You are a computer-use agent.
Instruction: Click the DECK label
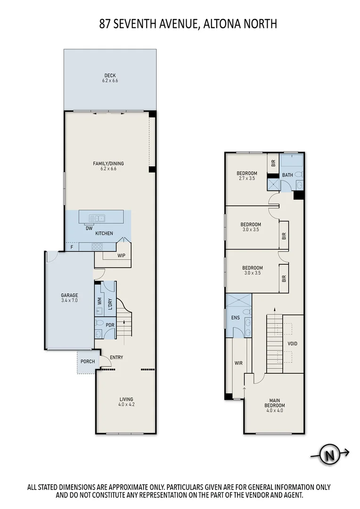point(110,75)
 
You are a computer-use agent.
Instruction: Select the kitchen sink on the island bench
point(99,218)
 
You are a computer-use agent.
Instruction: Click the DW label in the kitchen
point(88,228)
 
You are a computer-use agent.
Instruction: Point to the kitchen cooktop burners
point(97,246)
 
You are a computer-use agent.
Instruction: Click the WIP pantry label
point(121,256)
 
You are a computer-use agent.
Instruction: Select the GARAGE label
point(69,296)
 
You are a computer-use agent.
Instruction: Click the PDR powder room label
point(110,325)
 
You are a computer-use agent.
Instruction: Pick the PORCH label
point(88,362)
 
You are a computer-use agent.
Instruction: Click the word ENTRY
point(116,357)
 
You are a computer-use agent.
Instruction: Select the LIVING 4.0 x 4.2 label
point(126,402)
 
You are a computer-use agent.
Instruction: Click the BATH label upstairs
point(287,175)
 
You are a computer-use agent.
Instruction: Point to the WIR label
point(238,363)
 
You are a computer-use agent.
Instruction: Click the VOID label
point(293,344)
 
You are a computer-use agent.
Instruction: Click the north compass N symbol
point(330,455)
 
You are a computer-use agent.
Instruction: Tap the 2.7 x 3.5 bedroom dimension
point(247,179)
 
